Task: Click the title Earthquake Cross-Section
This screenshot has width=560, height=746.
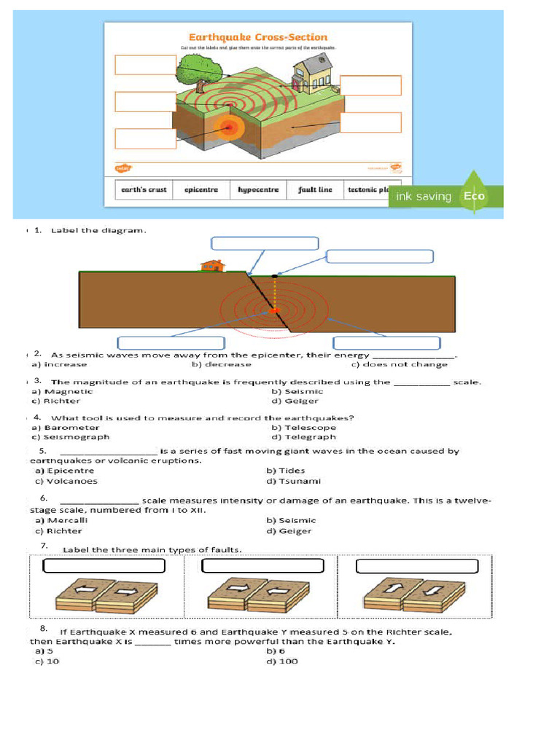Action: coord(258,37)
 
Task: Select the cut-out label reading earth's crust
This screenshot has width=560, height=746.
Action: coord(144,189)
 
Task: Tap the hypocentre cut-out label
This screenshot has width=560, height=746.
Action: coord(258,189)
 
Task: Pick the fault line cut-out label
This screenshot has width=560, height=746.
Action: coord(315,189)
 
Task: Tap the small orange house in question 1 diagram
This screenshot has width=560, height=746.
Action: coord(211,265)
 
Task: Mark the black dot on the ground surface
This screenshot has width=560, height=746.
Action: coord(274,277)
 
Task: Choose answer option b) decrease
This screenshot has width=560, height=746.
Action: coord(222,364)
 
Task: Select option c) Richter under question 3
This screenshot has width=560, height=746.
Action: coord(56,401)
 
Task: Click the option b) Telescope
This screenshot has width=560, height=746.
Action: coord(303,428)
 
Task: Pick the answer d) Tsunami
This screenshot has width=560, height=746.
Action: coord(293,481)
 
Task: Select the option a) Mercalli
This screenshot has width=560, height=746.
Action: coord(61,520)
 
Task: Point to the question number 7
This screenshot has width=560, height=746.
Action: coord(44,546)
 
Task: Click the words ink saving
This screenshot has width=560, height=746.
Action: coord(424,197)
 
